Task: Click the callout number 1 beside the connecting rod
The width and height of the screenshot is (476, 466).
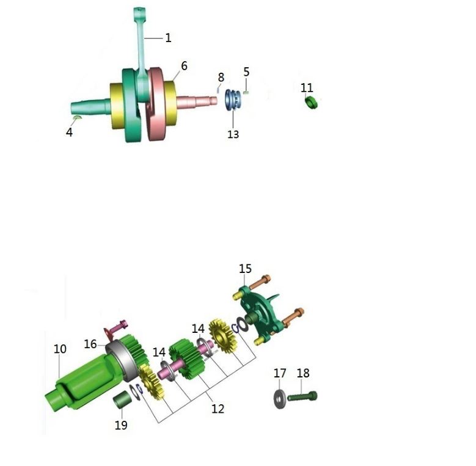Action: point(168,38)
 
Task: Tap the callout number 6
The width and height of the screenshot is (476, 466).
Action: point(185,66)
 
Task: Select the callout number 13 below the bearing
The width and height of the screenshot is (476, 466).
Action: point(233,134)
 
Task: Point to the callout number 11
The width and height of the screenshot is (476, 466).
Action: point(307,88)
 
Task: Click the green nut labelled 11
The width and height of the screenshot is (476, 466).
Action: point(310,102)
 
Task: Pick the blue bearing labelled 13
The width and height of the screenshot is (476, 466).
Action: point(233,100)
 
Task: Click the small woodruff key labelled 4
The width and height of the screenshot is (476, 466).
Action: point(78,117)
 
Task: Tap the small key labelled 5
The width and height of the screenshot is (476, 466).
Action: point(246,93)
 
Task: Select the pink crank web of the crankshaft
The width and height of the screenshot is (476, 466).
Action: point(158,104)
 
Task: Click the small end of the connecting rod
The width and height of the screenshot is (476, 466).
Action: point(139,12)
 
